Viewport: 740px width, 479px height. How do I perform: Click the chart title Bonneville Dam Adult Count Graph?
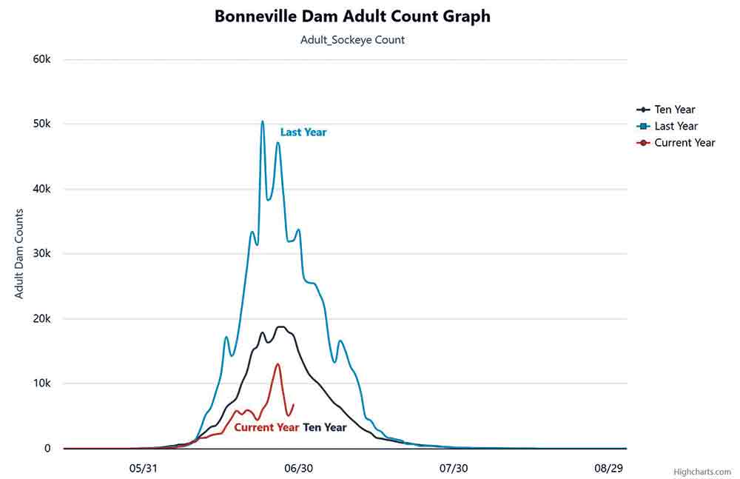coord(352,16)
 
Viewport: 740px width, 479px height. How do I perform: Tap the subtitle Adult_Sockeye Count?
coord(352,40)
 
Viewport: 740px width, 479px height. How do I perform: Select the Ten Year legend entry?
coord(674,110)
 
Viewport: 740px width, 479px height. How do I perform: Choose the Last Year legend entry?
coord(676,126)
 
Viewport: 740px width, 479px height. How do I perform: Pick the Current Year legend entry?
coord(684,142)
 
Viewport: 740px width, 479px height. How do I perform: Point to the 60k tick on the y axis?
coord(41,59)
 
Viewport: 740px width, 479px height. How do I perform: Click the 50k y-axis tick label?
coord(41,124)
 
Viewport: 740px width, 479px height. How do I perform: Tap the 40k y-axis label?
coord(41,189)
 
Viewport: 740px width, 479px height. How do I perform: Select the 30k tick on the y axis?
coord(41,254)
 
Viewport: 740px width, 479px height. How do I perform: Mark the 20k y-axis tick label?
coord(41,318)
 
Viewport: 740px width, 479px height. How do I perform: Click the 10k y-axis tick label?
coord(41,383)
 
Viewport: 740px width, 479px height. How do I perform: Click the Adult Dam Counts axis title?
coord(19,254)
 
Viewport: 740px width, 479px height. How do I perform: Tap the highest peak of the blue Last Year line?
coord(262,121)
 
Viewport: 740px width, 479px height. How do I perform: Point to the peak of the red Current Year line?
coord(277,364)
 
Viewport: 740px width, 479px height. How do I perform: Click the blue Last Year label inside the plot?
coord(303,133)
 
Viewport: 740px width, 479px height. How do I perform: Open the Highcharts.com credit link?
coord(702,472)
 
